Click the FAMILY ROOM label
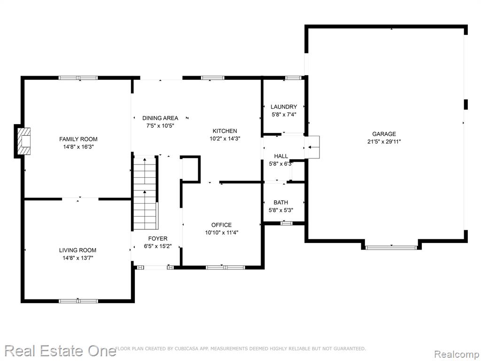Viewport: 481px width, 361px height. pyautogui.click(x=78, y=139)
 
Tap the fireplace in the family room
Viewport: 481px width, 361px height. pyautogui.click(x=24, y=141)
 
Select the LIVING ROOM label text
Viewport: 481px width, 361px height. pyautogui.click(x=78, y=250)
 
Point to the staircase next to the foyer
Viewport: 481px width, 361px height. pyautogui.click(x=145, y=193)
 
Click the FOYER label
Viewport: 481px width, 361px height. pyautogui.click(x=158, y=238)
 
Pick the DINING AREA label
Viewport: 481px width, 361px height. pyautogui.click(x=160, y=118)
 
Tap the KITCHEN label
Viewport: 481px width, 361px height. pyautogui.click(x=225, y=131)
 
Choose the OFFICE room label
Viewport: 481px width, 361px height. pyautogui.click(x=222, y=225)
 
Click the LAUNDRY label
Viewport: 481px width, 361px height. pyautogui.click(x=284, y=107)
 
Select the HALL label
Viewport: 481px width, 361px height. pyautogui.click(x=281, y=156)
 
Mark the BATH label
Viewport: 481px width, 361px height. pyautogui.click(x=281, y=202)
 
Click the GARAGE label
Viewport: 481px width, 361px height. pyautogui.click(x=384, y=134)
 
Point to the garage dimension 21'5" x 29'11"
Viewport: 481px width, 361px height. pyautogui.click(x=384, y=141)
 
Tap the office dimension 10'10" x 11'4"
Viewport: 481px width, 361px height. pyautogui.click(x=222, y=232)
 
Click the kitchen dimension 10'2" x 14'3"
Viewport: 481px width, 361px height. pyautogui.click(x=225, y=139)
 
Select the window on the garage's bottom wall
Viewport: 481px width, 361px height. pyautogui.click(x=391, y=247)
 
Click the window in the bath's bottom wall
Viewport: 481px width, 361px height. pyautogui.click(x=287, y=223)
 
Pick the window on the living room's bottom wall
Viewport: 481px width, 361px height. pyautogui.click(x=78, y=301)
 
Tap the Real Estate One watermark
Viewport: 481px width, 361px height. pyautogui.click(x=60, y=351)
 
